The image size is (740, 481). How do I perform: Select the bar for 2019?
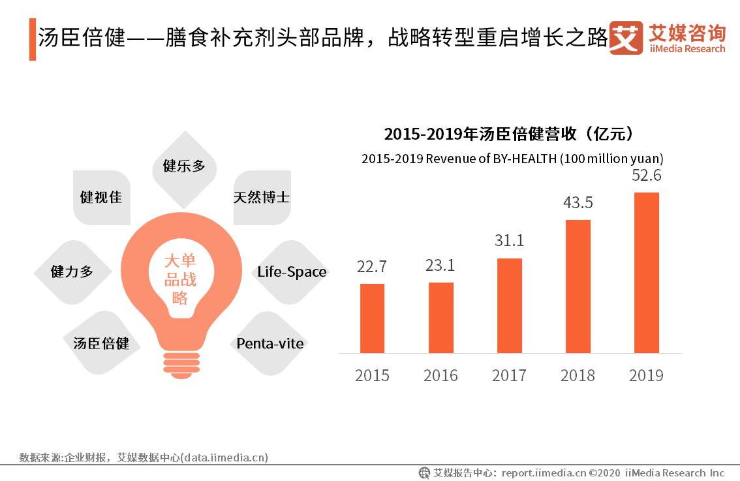tap(646, 272)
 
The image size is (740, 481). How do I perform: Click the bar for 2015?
tap(372, 318)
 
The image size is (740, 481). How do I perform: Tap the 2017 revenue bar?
tap(509, 305)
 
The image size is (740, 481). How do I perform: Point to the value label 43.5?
tap(578, 203)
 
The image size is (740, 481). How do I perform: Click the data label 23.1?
tap(440, 266)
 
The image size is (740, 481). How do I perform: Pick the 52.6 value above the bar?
tap(646, 176)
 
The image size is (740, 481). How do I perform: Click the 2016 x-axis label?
tap(440, 376)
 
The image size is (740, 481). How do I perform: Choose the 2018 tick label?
tap(578, 376)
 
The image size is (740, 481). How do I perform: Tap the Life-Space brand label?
tap(291, 272)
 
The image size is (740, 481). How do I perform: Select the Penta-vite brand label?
tap(270, 343)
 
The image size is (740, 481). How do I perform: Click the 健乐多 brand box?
tap(184, 166)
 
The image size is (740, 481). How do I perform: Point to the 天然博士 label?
tap(261, 197)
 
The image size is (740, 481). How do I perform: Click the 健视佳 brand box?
tap(101, 197)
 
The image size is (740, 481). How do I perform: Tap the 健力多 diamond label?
tap(72, 272)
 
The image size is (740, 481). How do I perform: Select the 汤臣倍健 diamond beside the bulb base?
tap(101, 343)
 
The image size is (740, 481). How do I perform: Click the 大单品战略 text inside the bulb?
tap(179, 279)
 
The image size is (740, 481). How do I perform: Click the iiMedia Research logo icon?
tap(625, 38)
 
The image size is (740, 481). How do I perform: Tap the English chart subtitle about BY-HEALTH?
tap(512, 159)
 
